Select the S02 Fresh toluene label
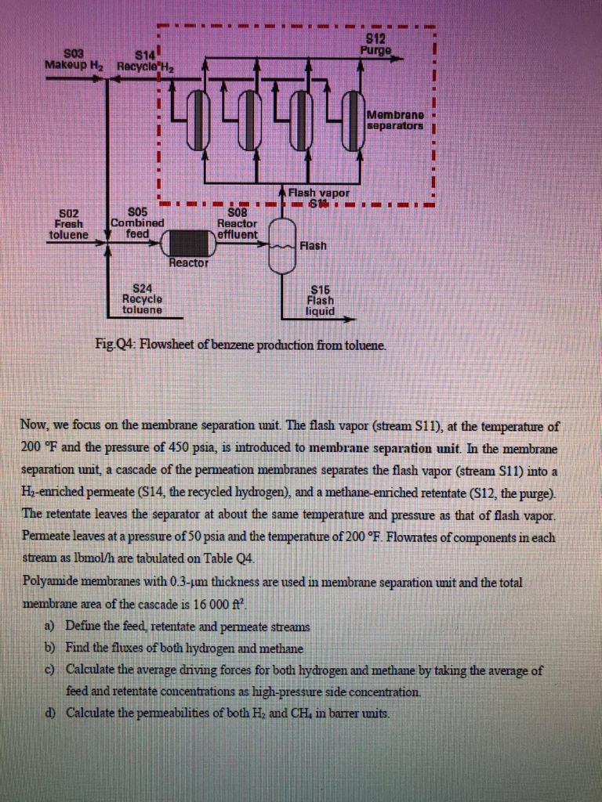click(69, 222)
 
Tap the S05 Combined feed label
click(136, 222)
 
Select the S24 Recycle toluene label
click(142, 298)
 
